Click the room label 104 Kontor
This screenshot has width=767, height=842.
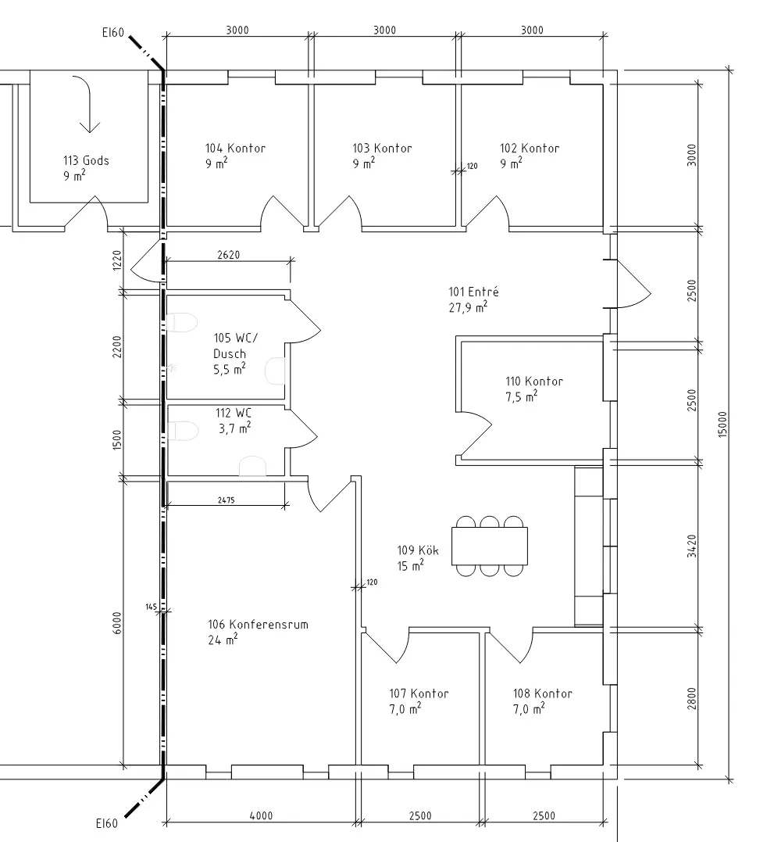(x=235, y=149)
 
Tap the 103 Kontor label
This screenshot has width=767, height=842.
(x=382, y=149)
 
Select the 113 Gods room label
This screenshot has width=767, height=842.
(x=86, y=160)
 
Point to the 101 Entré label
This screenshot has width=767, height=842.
(x=473, y=292)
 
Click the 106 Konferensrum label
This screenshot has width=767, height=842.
(x=258, y=625)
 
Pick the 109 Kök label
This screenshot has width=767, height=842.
(x=418, y=550)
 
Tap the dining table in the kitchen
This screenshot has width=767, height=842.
(x=489, y=546)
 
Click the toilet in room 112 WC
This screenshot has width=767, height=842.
(x=182, y=431)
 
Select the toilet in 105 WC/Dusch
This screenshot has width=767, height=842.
(x=181, y=322)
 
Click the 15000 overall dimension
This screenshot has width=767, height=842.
(x=722, y=425)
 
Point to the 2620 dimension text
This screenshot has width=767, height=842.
(x=229, y=255)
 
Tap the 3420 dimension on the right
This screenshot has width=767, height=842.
(x=692, y=546)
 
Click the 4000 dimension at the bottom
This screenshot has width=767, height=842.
(x=261, y=815)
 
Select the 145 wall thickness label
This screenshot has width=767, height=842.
(x=152, y=607)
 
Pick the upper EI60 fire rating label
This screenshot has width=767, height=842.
(x=112, y=32)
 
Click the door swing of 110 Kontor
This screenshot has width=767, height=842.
(x=474, y=433)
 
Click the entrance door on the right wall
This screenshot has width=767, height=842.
(x=630, y=285)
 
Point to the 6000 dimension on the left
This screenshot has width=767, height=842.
(x=117, y=623)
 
